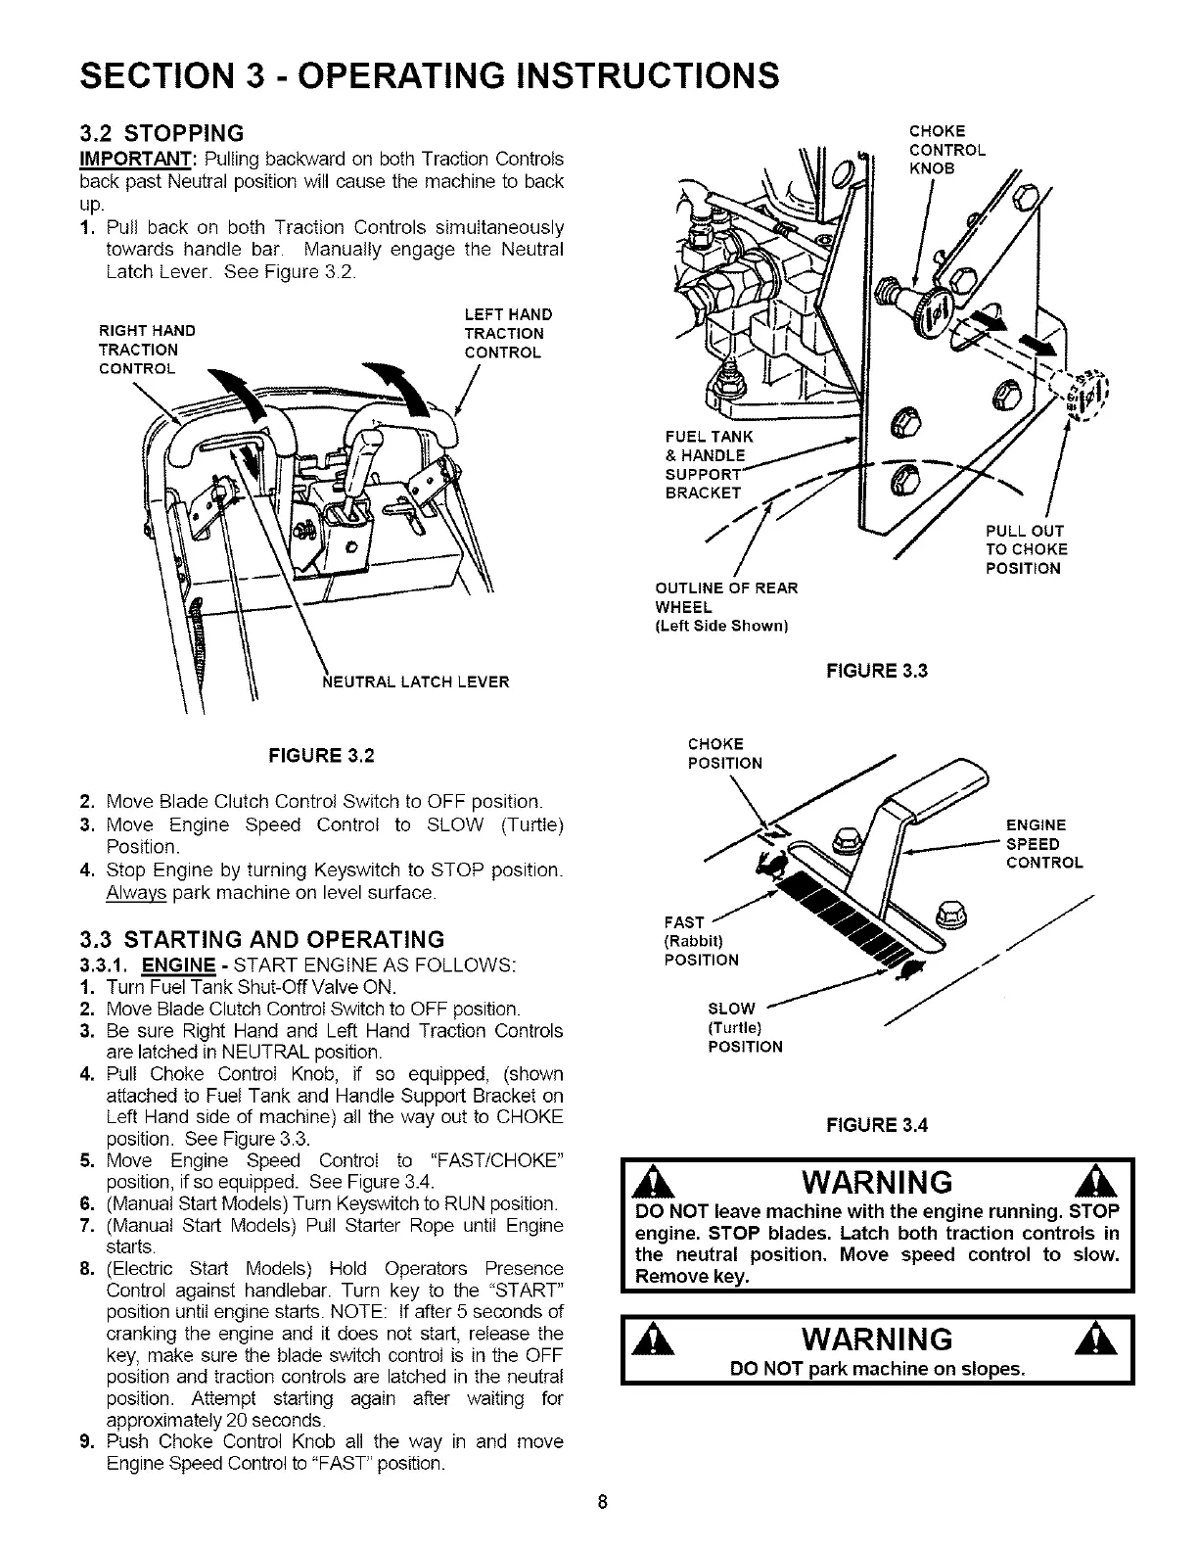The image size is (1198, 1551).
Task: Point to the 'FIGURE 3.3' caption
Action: (876, 671)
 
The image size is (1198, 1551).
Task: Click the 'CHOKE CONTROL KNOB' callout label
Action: (946, 150)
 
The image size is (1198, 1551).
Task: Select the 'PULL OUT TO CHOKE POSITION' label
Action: (1026, 549)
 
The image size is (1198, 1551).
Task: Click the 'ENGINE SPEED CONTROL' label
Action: (1043, 844)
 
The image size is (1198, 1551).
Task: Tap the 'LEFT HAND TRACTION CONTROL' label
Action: (508, 333)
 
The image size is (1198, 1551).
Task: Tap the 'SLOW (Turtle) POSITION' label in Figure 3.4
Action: (744, 1027)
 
